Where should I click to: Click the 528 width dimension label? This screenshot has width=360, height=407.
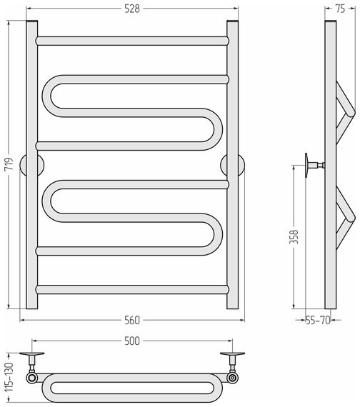[x=132, y=9]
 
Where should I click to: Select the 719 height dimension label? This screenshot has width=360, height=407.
[x=9, y=164]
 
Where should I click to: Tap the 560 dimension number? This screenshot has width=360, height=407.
[x=132, y=321]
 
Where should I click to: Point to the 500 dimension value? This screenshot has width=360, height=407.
[x=132, y=341]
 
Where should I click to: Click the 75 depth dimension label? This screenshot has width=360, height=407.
[x=340, y=9]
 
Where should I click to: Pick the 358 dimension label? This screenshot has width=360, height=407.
[x=294, y=236]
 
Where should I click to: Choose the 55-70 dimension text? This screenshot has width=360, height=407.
[x=318, y=321]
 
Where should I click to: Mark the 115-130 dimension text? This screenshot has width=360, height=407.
[x=9, y=377]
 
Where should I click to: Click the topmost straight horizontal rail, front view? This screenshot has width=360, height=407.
[x=132, y=41]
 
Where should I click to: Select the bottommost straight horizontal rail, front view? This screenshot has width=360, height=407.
[x=132, y=289]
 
